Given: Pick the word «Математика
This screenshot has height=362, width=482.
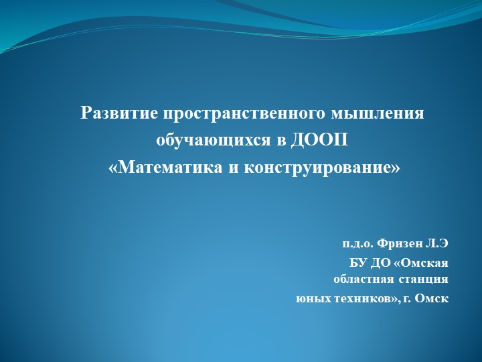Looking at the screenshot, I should pyautogui.click(x=166, y=167).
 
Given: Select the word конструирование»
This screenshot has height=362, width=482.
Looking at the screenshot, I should pyautogui.click(x=322, y=167).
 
